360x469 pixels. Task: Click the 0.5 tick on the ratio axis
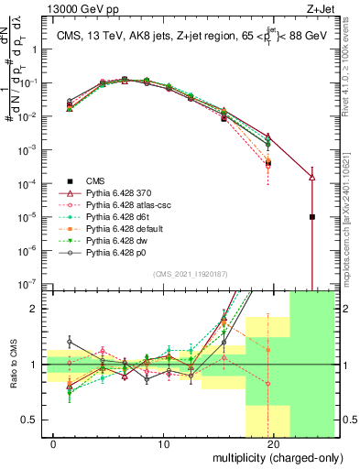pyautogui.click(x=33, y=420)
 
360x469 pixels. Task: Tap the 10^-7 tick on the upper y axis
pyautogui.click(x=29, y=284)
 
